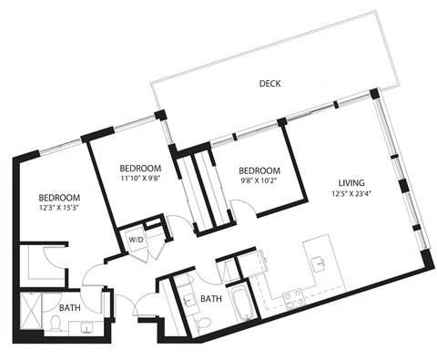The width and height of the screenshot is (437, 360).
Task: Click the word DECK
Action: pyautogui.click(x=269, y=84)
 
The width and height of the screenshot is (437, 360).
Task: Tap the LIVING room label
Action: pyautogui.click(x=351, y=180)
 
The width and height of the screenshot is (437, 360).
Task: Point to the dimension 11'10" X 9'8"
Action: pyautogui.click(x=141, y=180)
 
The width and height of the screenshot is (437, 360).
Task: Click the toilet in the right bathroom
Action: pyautogui.click(x=205, y=321)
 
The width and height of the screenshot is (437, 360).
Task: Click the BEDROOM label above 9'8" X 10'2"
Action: pyautogui.click(x=259, y=170)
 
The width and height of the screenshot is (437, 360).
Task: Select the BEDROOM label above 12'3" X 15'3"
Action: pyautogui.click(x=59, y=198)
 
